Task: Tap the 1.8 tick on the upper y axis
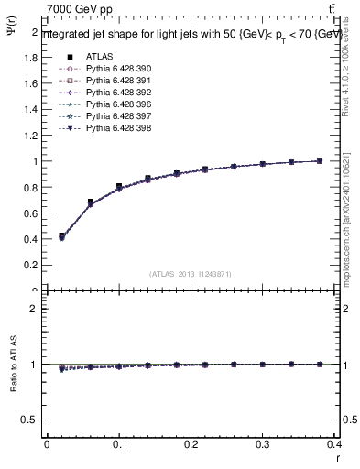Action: coord(32,57)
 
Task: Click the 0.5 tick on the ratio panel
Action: coord(32,420)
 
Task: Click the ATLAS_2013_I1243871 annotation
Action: coord(190,274)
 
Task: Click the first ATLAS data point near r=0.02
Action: coord(61,236)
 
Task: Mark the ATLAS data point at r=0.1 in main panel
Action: coord(119,187)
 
